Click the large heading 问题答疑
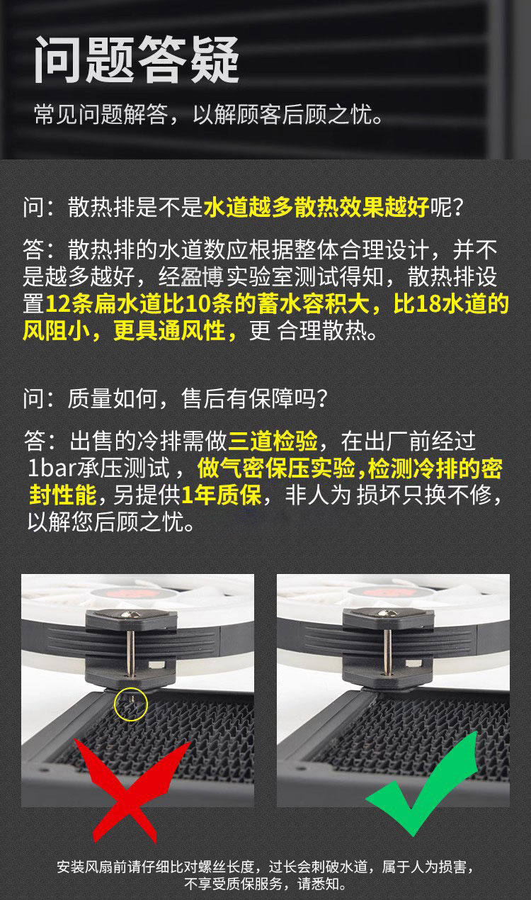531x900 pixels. pos(137,60)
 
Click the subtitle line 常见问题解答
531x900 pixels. pos(101,115)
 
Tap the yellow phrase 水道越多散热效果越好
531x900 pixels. pos(316,208)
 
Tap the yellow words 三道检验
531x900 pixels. pos(273,441)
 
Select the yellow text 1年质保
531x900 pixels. pos(222,495)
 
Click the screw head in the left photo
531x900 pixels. pos(131,614)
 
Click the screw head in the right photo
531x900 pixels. pos(387,613)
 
